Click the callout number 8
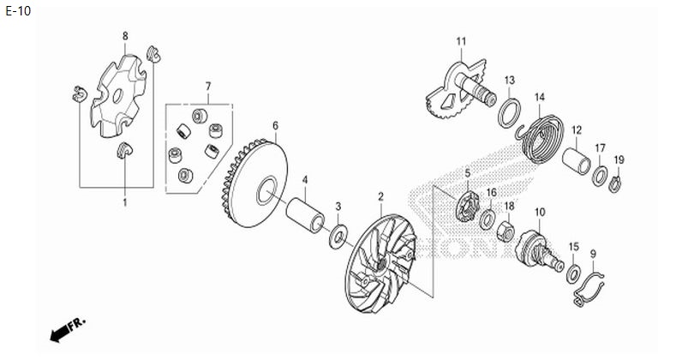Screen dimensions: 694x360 tap(125, 36)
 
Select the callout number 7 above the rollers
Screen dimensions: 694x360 tap(208, 86)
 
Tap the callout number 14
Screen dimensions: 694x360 tap(540, 97)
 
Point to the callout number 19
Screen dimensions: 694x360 tap(619, 159)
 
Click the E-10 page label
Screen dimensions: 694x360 tap(18, 11)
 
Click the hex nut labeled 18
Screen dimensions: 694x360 tap(506, 231)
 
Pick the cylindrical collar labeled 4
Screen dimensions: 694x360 tap(305, 215)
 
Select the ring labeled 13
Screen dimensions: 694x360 tap(510, 113)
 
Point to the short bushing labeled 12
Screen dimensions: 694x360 tap(577, 162)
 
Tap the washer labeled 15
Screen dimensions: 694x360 tap(574, 273)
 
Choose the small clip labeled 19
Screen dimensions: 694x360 tap(615, 183)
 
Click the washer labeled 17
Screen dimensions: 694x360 tap(600, 176)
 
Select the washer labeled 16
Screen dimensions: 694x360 tap(488, 219)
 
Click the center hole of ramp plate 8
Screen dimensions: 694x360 tap(117, 96)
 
